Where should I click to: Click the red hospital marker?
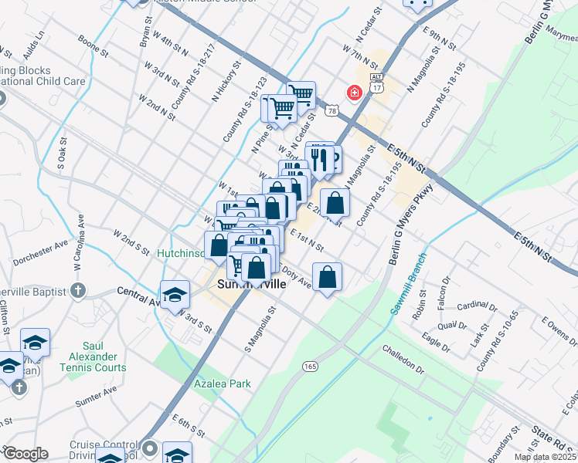click(355, 93)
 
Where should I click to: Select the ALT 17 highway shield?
click(376, 84)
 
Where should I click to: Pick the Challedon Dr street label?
click(403, 360)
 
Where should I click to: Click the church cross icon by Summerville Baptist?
click(76, 290)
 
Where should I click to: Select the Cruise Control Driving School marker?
click(149, 448)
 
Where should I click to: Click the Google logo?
click(25, 454)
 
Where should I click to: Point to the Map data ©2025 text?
click(545, 457)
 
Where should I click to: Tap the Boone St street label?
click(93, 46)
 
